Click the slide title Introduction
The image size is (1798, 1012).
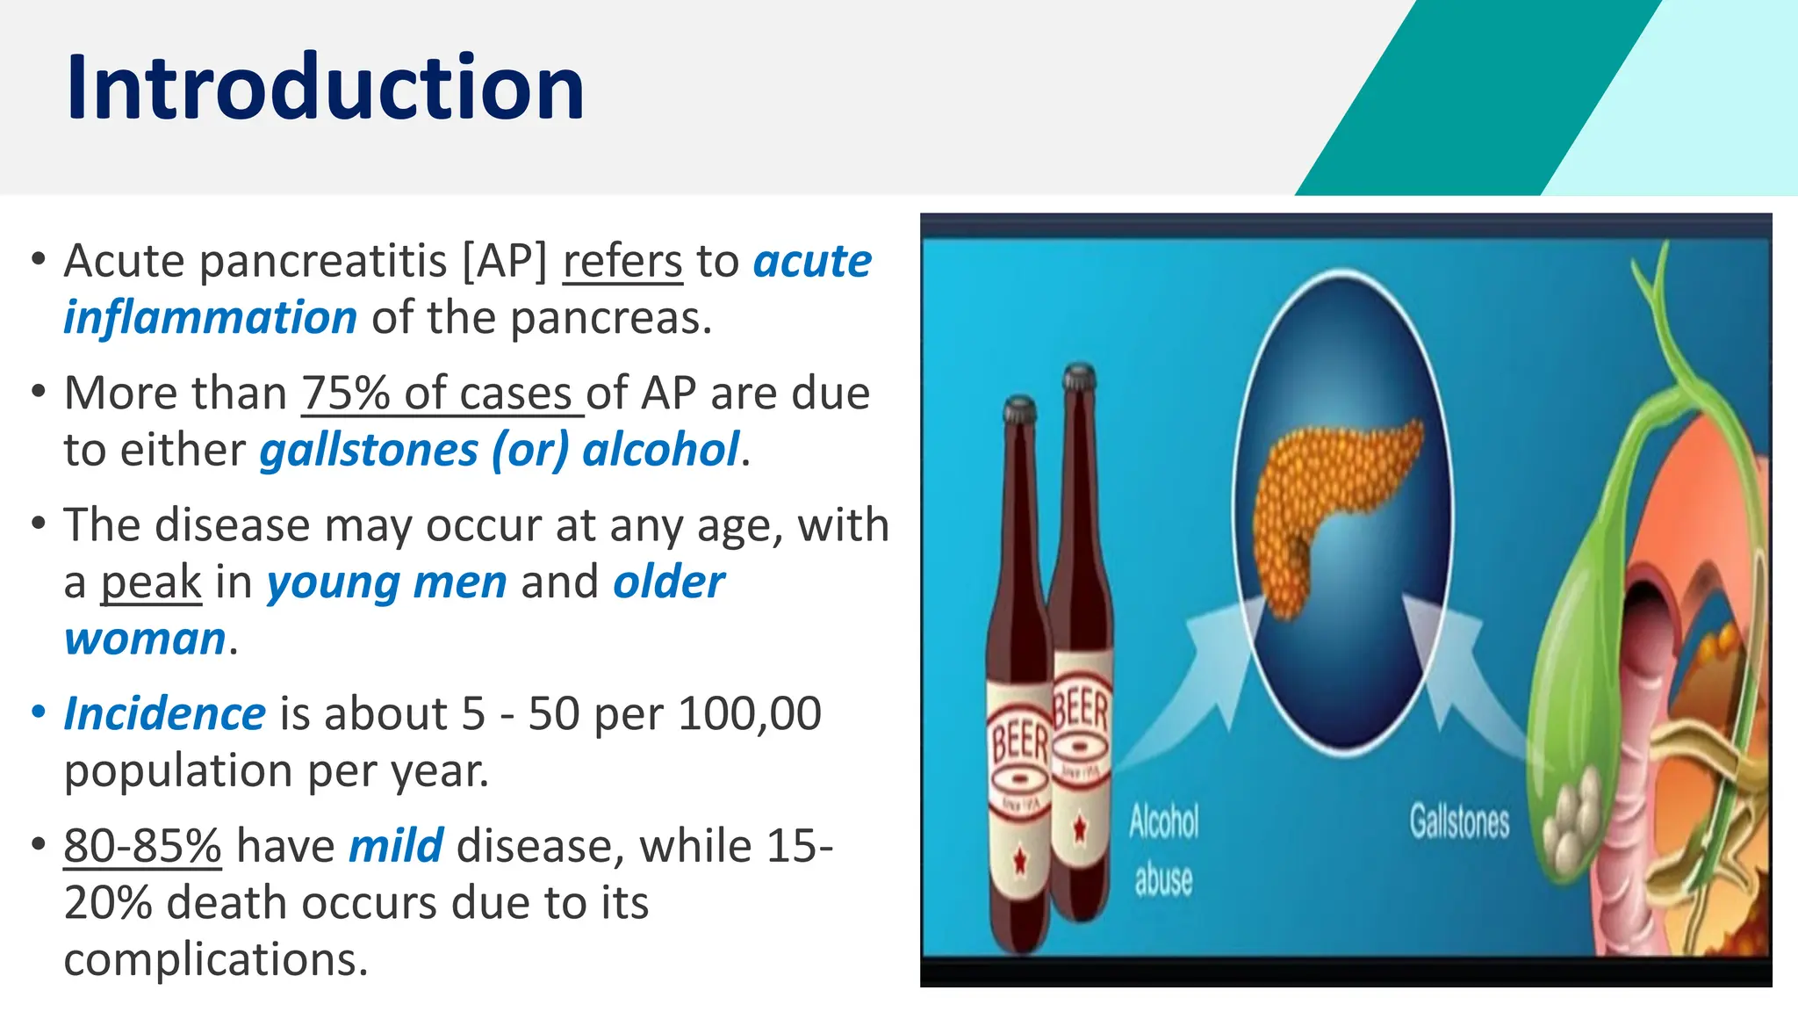tap(325, 88)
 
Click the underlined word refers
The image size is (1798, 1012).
tap(622, 262)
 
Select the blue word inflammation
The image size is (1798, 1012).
tap(210, 318)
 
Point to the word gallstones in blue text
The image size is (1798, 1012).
tap(369, 451)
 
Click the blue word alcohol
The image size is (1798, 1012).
tap(660, 451)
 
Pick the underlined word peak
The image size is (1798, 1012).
tap(151, 583)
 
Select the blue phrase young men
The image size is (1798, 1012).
tap(386, 583)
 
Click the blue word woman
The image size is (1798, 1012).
tap(145, 639)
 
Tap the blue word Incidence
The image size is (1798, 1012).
tap(164, 713)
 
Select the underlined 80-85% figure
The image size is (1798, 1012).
tap(142, 846)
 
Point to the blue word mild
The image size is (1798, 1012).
tap(396, 846)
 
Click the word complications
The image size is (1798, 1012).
tap(215, 959)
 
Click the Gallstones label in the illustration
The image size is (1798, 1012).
tap(1459, 822)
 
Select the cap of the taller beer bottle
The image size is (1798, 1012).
tap(1079, 378)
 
